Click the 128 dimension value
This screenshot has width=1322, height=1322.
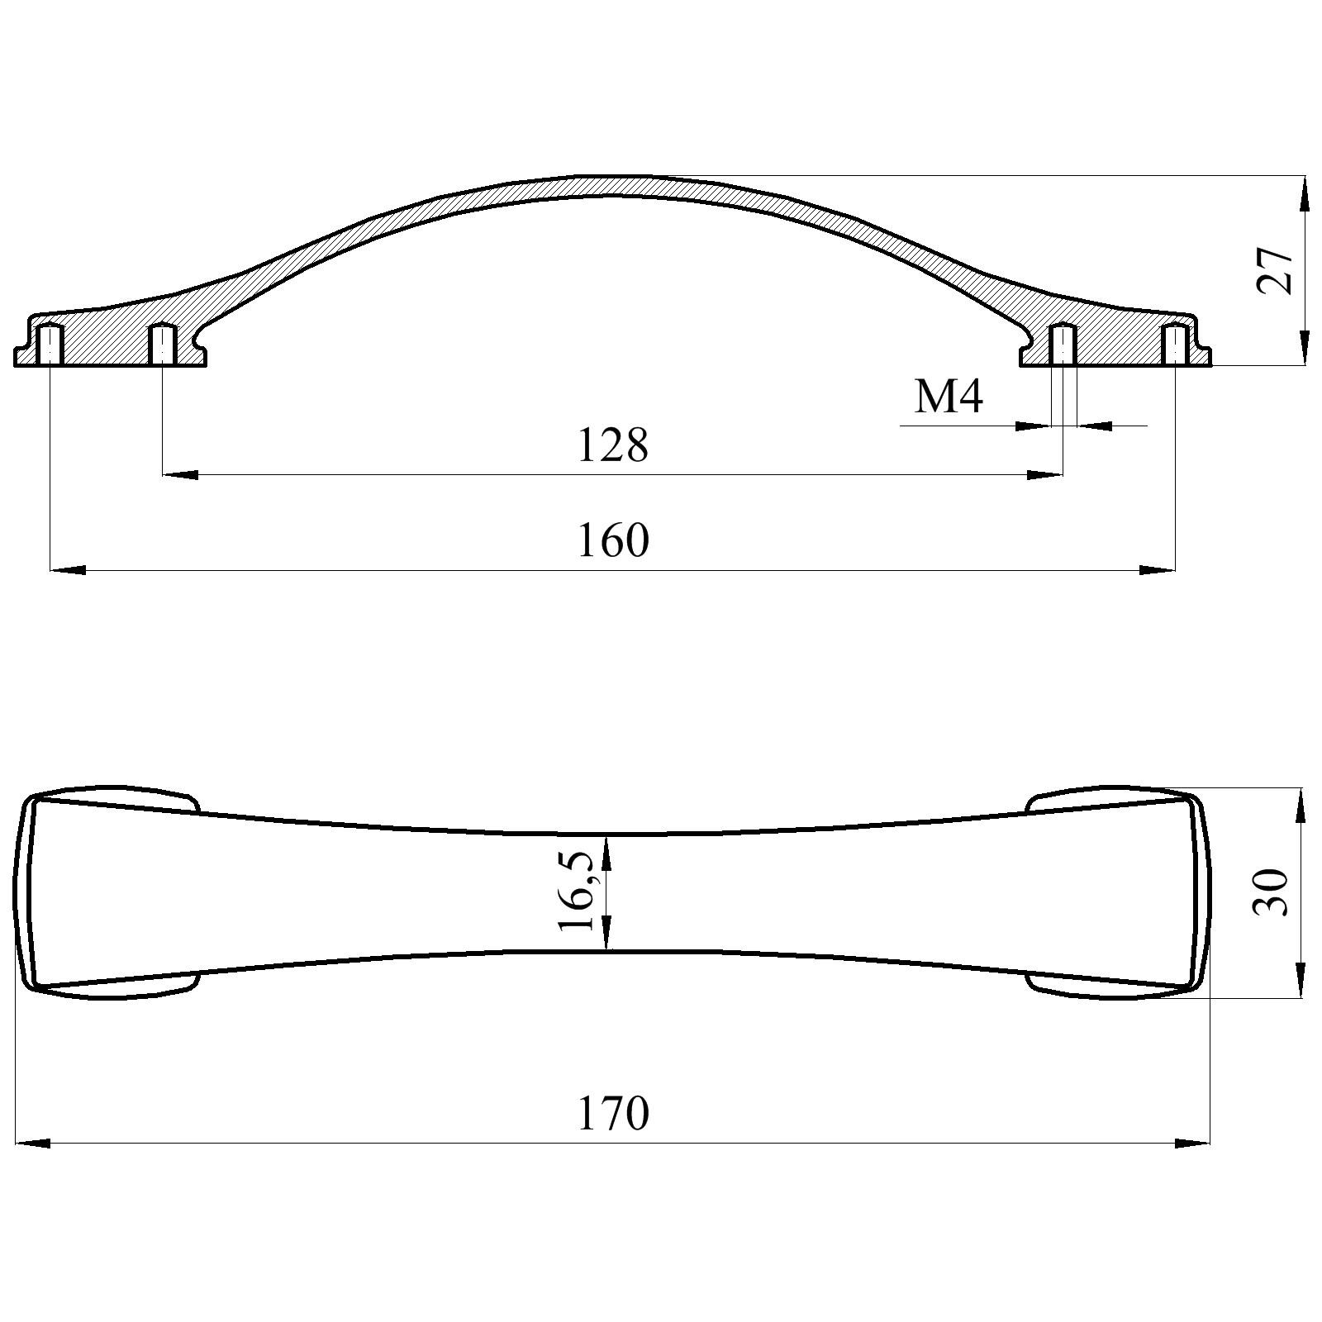[612, 446]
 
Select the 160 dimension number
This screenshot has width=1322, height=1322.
[612, 541]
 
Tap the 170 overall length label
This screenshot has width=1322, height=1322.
[612, 1114]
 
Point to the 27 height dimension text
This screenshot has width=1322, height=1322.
[1275, 270]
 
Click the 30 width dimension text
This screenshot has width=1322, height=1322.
[1271, 892]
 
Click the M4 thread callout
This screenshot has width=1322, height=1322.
[949, 397]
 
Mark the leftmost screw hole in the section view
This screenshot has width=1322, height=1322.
[51, 345]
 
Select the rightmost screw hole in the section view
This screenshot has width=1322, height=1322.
[1174, 345]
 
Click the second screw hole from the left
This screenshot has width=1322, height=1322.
[162, 345]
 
